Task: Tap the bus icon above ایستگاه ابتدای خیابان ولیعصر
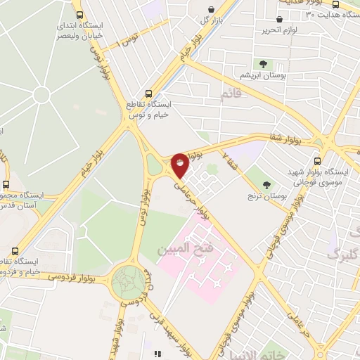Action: coord(79,14)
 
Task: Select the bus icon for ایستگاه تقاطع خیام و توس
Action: coord(148,94)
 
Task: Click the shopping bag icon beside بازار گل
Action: coord(211,10)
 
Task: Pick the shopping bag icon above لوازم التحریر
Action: coord(290,20)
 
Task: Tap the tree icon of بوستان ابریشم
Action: coord(263,64)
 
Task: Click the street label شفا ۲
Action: coord(230,161)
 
